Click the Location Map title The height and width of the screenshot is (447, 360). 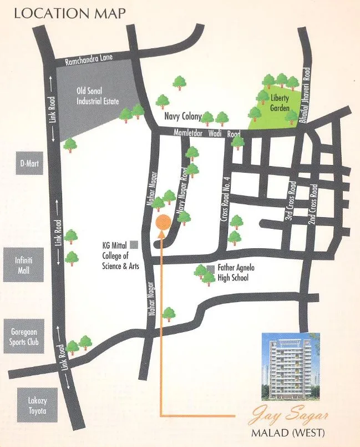click(x=69, y=13)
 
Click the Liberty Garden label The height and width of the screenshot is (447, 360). click(x=280, y=102)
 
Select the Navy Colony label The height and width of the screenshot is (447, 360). click(x=182, y=117)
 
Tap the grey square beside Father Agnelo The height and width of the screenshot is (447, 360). click(x=210, y=269)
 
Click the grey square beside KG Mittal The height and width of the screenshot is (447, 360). click(x=134, y=246)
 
